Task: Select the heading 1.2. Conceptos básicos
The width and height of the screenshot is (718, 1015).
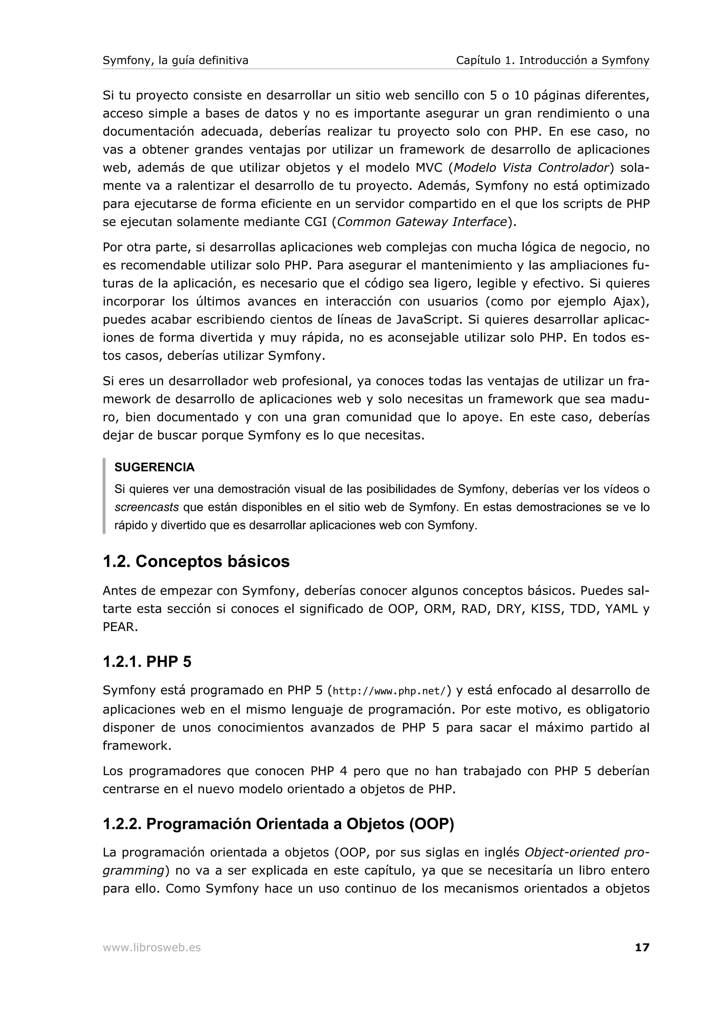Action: (x=196, y=561)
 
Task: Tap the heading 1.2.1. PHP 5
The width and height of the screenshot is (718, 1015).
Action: (x=147, y=662)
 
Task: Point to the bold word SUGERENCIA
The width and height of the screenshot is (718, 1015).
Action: (x=154, y=467)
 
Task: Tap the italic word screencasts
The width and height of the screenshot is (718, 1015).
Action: (x=147, y=507)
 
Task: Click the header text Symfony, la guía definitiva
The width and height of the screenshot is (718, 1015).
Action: (x=175, y=61)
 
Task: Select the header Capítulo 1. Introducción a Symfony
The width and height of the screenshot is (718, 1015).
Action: (x=553, y=61)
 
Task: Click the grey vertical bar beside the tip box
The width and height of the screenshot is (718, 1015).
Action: (x=104, y=496)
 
